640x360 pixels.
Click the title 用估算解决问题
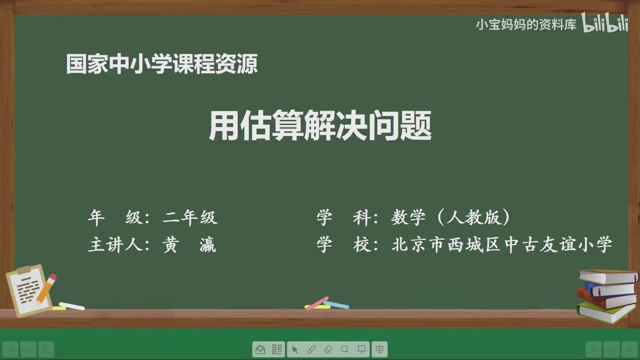[320, 125]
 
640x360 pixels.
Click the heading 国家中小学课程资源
[161, 64]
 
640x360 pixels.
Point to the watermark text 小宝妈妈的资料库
[526, 24]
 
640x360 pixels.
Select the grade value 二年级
[190, 217]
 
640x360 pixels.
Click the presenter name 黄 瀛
[189, 245]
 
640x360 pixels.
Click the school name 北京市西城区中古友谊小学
[501, 245]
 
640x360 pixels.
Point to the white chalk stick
[71, 305]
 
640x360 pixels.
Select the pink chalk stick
[317, 302]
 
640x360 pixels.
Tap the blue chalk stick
[336, 304]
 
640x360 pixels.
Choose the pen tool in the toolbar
[311, 349]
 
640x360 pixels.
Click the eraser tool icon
[328, 349]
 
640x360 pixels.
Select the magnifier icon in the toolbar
[345, 349]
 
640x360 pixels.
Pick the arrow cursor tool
[294, 349]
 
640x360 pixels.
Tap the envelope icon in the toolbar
[260, 349]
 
